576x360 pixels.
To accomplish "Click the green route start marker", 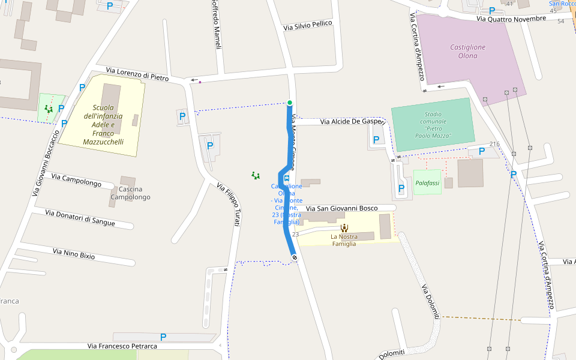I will tap(290, 103).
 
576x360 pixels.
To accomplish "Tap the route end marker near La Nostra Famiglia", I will tap(295, 257).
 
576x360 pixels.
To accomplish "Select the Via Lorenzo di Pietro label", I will tap(137, 74).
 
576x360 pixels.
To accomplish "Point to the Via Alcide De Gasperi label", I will tap(352, 121).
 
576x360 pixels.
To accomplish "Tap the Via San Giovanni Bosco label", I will tap(342, 208).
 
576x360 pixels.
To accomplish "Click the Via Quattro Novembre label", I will tap(511, 19).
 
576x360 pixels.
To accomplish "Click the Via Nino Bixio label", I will tap(74, 254).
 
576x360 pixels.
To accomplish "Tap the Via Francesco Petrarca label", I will tap(122, 346).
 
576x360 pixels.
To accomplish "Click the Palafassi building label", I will tap(427, 182).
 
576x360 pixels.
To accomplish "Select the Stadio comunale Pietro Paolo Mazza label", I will tap(432, 125).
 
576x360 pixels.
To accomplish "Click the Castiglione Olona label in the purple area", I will tap(468, 52).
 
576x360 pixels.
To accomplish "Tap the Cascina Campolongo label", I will tap(130, 193).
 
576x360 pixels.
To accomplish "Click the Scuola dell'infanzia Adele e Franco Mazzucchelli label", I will tap(103, 125).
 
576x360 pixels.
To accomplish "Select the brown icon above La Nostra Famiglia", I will tap(344, 227).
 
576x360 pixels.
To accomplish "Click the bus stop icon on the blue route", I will tap(286, 178).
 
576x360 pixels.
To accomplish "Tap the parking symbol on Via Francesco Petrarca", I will tap(163, 337).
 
